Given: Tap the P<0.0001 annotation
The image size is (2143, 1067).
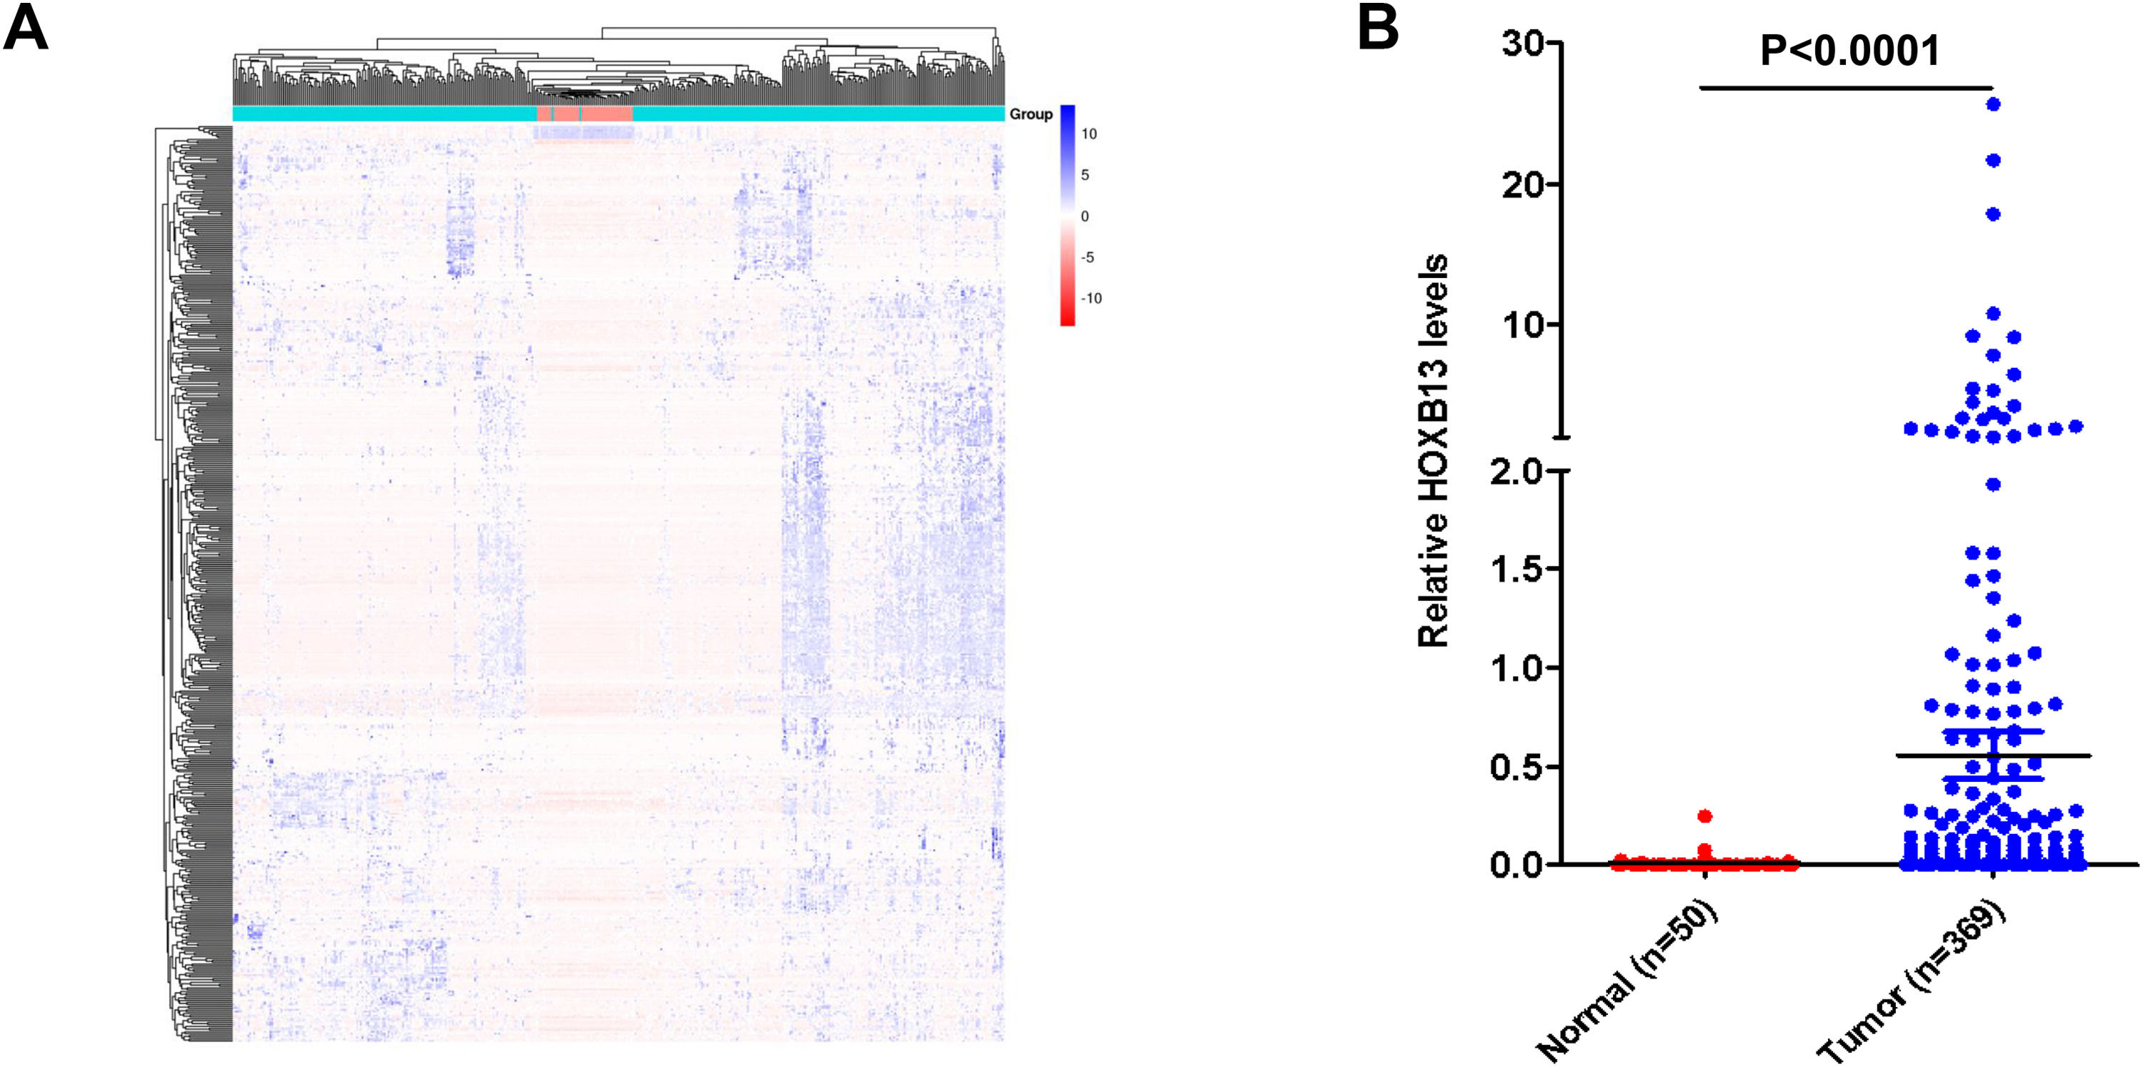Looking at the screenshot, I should click(x=1849, y=51).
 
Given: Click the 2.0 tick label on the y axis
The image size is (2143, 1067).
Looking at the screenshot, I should click(x=1516, y=472).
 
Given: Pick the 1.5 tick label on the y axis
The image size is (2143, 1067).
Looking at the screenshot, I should click(x=1516, y=570).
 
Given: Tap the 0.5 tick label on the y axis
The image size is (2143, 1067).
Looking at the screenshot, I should click(x=1516, y=767).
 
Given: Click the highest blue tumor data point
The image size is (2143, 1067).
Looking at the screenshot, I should click(x=1993, y=104).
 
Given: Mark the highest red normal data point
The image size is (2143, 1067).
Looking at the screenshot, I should click(x=1704, y=815).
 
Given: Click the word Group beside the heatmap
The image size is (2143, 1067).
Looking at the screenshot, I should click(x=1031, y=114).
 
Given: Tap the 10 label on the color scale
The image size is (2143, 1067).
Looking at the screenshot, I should click(x=1089, y=134).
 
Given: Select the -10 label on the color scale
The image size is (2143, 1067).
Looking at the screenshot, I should click(x=1091, y=299).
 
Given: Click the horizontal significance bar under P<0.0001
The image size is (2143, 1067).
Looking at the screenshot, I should click(x=1845, y=87).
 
